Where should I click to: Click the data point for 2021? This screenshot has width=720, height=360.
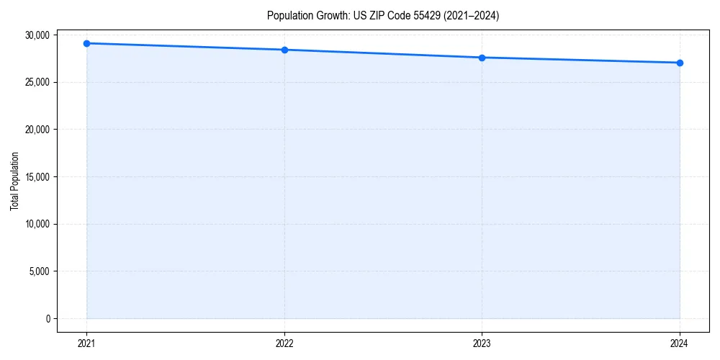86,43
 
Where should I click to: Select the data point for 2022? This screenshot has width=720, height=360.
284,50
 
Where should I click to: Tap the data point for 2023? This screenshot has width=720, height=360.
482,58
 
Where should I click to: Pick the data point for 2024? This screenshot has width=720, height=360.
680,63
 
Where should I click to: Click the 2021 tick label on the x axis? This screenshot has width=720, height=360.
86,343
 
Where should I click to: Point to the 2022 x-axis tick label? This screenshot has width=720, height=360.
284,343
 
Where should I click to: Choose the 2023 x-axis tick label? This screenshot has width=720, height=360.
482,343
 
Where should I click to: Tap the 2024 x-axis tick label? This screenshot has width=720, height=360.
680,343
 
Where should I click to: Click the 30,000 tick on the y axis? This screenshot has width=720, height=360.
37,35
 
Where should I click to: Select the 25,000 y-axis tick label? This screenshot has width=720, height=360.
37,82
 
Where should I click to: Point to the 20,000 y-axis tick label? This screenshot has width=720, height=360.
37,130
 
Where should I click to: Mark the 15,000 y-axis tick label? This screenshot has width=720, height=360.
37,177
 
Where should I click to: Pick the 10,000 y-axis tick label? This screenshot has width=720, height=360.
37,224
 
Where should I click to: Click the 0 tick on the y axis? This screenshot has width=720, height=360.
48,319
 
